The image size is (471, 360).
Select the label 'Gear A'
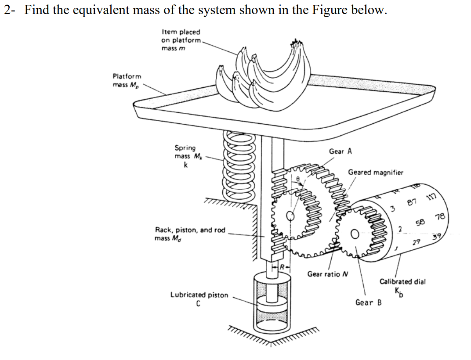(x=340, y=151)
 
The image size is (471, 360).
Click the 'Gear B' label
(x=369, y=302)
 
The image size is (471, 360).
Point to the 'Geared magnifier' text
(x=375, y=173)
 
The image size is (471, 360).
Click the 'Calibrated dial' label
(x=402, y=281)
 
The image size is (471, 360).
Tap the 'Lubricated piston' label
(x=199, y=295)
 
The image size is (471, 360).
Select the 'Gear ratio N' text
(x=327, y=274)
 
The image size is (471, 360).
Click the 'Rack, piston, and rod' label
(x=190, y=230)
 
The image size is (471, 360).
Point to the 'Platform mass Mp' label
(x=127, y=80)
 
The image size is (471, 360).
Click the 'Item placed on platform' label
(x=181, y=36)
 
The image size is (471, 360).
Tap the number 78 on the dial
(x=440, y=216)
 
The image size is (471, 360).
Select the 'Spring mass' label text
(x=186, y=152)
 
